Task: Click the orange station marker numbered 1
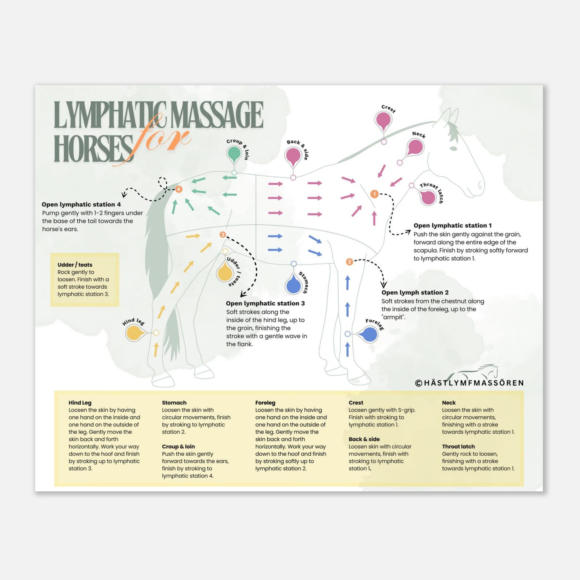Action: [x=374, y=194]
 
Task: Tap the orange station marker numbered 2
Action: [x=349, y=262]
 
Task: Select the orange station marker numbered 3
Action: [x=222, y=235]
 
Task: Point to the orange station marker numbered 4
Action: [x=179, y=189]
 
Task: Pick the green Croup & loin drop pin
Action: [x=234, y=154]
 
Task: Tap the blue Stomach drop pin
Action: [x=294, y=285]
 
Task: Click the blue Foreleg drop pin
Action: [x=369, y=334]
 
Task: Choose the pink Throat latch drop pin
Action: [x=427, y=197]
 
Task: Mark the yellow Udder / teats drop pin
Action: [x=225, y=272]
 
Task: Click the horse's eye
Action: [x=453, y=148]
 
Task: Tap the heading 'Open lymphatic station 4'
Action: [x=81, y=204]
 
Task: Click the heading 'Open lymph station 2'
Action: [x=415, y=292]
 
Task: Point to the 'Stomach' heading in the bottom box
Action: [x=174, y=403]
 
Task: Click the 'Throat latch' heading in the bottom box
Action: [x=458, y=446]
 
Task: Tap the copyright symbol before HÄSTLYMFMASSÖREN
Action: [x=419, y=383]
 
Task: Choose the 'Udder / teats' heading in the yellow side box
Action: [x=75, y=265]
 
